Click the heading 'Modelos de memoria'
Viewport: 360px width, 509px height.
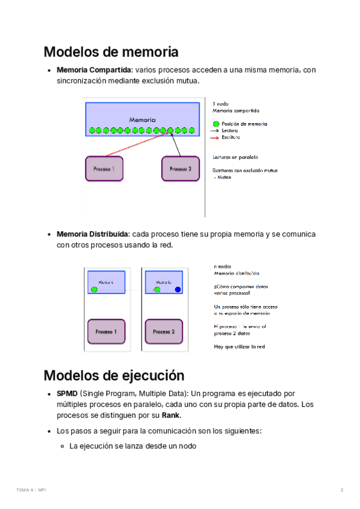pyautogui.click(x=111, y=52)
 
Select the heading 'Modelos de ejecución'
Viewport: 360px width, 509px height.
pyautogui.click(x=113, y=376)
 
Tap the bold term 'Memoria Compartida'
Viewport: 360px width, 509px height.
pyautogui.click(x=94, y=70)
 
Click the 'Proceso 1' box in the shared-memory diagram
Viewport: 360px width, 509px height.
pyautogui.click(x=104, y=169)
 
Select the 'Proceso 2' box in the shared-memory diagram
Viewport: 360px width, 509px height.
pyautogui.click(x=180, y=169)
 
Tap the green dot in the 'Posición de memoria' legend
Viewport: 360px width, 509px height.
pyautogui.click(x=215, y=124)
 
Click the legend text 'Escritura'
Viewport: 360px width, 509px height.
pyautogui.click(x=230, y=137)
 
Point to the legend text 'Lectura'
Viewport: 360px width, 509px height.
pyautogui.click(x=230, y=130)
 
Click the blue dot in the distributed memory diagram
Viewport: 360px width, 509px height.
pyautogui.click(x=178, y=290)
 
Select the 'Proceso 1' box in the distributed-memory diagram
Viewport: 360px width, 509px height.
pyautogui.click(x=106, y=331)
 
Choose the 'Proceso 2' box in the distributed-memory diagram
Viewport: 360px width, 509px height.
pyautogui.click(x=164, y=331)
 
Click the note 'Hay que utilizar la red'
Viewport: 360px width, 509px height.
pyautogui.click(x=239, y=346)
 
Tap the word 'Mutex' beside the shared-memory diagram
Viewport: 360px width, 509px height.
pyautogui.click(x=225, y=178)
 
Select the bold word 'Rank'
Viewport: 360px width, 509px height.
pyautogui.click(x=171, y=415)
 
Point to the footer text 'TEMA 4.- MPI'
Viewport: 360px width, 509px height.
pyautogui.click(x=31, y=490)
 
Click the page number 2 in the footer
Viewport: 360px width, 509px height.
pyautogui.click(x=341, y=490)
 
